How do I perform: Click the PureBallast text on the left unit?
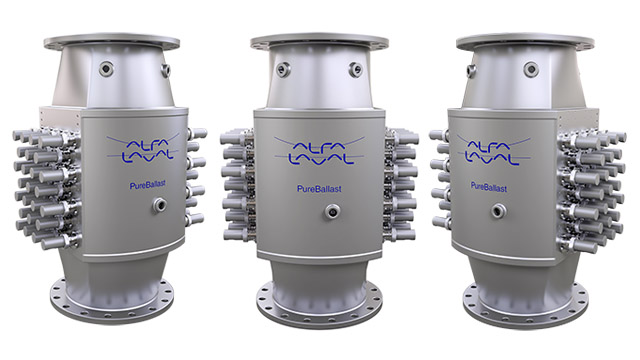point(148,185)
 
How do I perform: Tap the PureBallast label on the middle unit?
point(319,189)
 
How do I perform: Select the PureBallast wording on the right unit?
point(489,187)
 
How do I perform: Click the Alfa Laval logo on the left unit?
point(143,149)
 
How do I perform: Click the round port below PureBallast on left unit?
point(159,204)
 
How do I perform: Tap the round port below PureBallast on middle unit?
point(333,212)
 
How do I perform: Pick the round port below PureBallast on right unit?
point(498,211)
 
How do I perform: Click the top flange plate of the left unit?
point(111,42)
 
